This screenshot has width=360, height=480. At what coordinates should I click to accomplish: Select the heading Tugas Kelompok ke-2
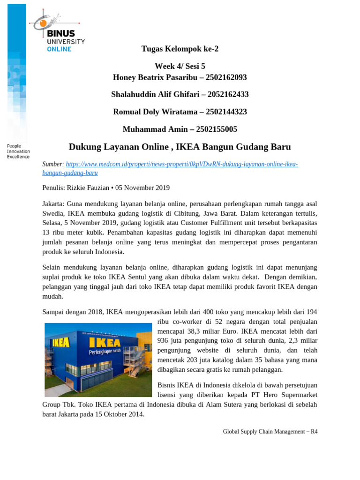[180, 49]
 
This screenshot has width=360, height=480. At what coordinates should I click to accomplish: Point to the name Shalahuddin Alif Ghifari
[152, 94]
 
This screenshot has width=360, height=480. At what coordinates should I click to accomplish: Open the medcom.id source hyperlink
[182, 164]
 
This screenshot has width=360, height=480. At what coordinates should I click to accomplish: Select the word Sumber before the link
[52, 164]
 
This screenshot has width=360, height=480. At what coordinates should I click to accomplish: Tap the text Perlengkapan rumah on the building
[110, 351]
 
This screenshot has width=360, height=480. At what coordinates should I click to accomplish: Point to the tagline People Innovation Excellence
[18, 151]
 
